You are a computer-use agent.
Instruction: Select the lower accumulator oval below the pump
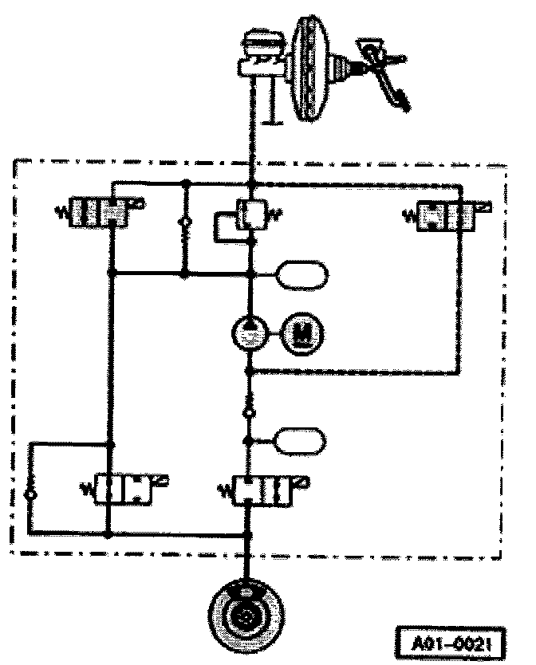click(x=300, y=439)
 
